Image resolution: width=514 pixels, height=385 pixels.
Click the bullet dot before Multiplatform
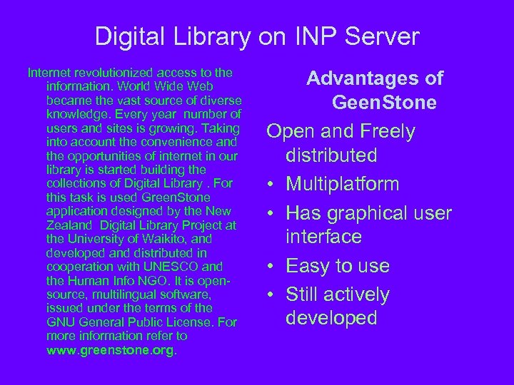[x=273, y=185]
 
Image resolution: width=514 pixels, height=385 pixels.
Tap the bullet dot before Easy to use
[x=273, y=266]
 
